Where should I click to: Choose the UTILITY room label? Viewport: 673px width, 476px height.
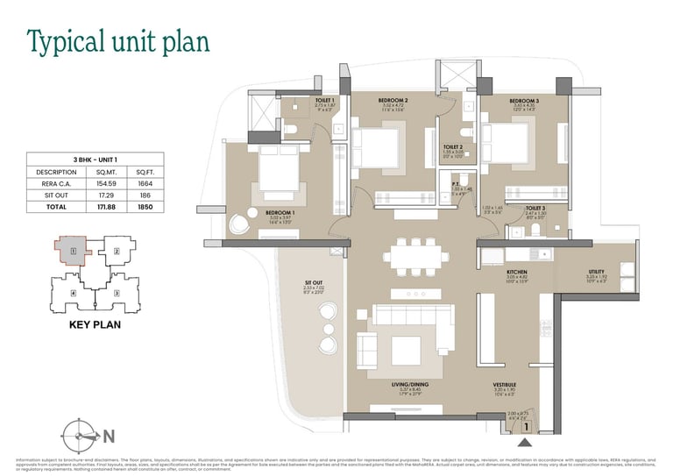click(596, 272)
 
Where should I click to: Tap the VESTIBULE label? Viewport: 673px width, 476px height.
click(504, 384)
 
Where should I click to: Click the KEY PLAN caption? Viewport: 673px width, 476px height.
click(93, 323)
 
